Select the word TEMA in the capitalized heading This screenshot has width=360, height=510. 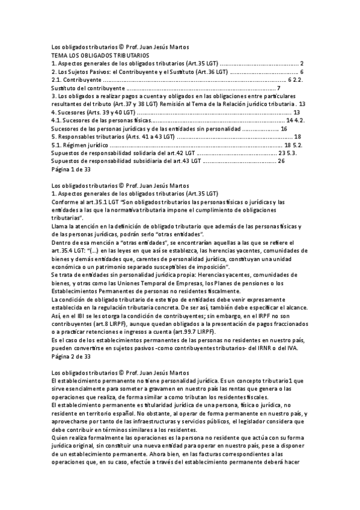[x=59, y=55]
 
